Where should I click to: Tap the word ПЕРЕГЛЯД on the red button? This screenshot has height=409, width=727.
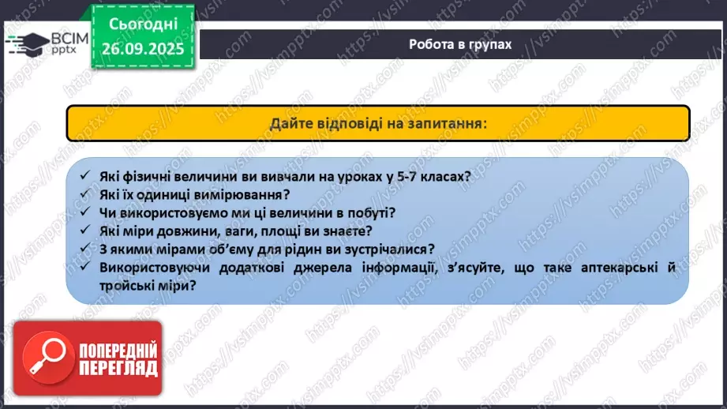[x=117, y=369]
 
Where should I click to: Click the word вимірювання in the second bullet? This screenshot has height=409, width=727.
[x=241, y=194]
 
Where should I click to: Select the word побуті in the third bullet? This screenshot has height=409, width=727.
[x=368, y=212]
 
